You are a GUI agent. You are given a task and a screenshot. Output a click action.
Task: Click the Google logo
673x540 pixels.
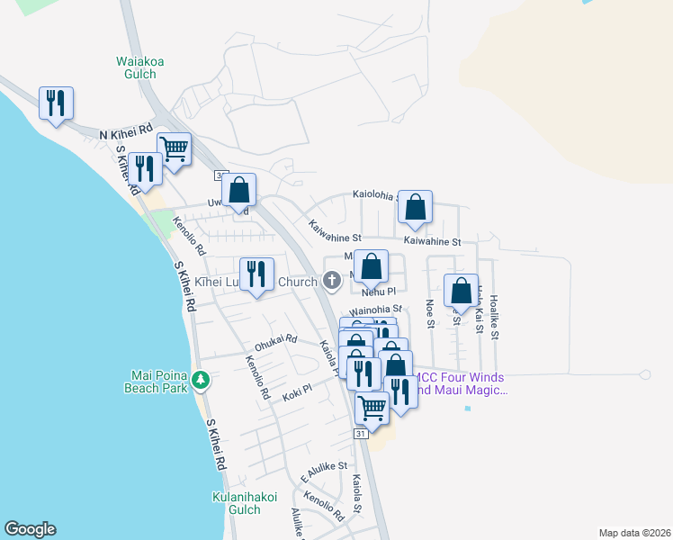point(30,529)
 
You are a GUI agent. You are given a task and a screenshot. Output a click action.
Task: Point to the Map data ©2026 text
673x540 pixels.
point(634,533)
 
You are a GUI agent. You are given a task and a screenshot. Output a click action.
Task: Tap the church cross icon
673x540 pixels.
point(331,282)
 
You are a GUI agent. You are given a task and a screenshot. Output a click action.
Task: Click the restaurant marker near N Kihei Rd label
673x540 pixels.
point(56,103)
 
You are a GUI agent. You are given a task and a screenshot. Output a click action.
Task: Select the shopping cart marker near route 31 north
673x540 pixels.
point(174,148)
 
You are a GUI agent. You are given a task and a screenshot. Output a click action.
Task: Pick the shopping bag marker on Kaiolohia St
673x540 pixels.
point(415,207)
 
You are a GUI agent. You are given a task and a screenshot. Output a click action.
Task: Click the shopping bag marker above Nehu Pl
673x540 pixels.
point(371,266)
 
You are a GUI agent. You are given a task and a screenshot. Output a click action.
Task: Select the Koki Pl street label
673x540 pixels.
point(295,389)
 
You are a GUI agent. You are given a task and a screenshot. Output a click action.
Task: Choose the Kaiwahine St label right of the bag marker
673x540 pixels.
point(432,241)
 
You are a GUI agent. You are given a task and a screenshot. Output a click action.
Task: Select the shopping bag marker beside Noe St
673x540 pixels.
point(461,291)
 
